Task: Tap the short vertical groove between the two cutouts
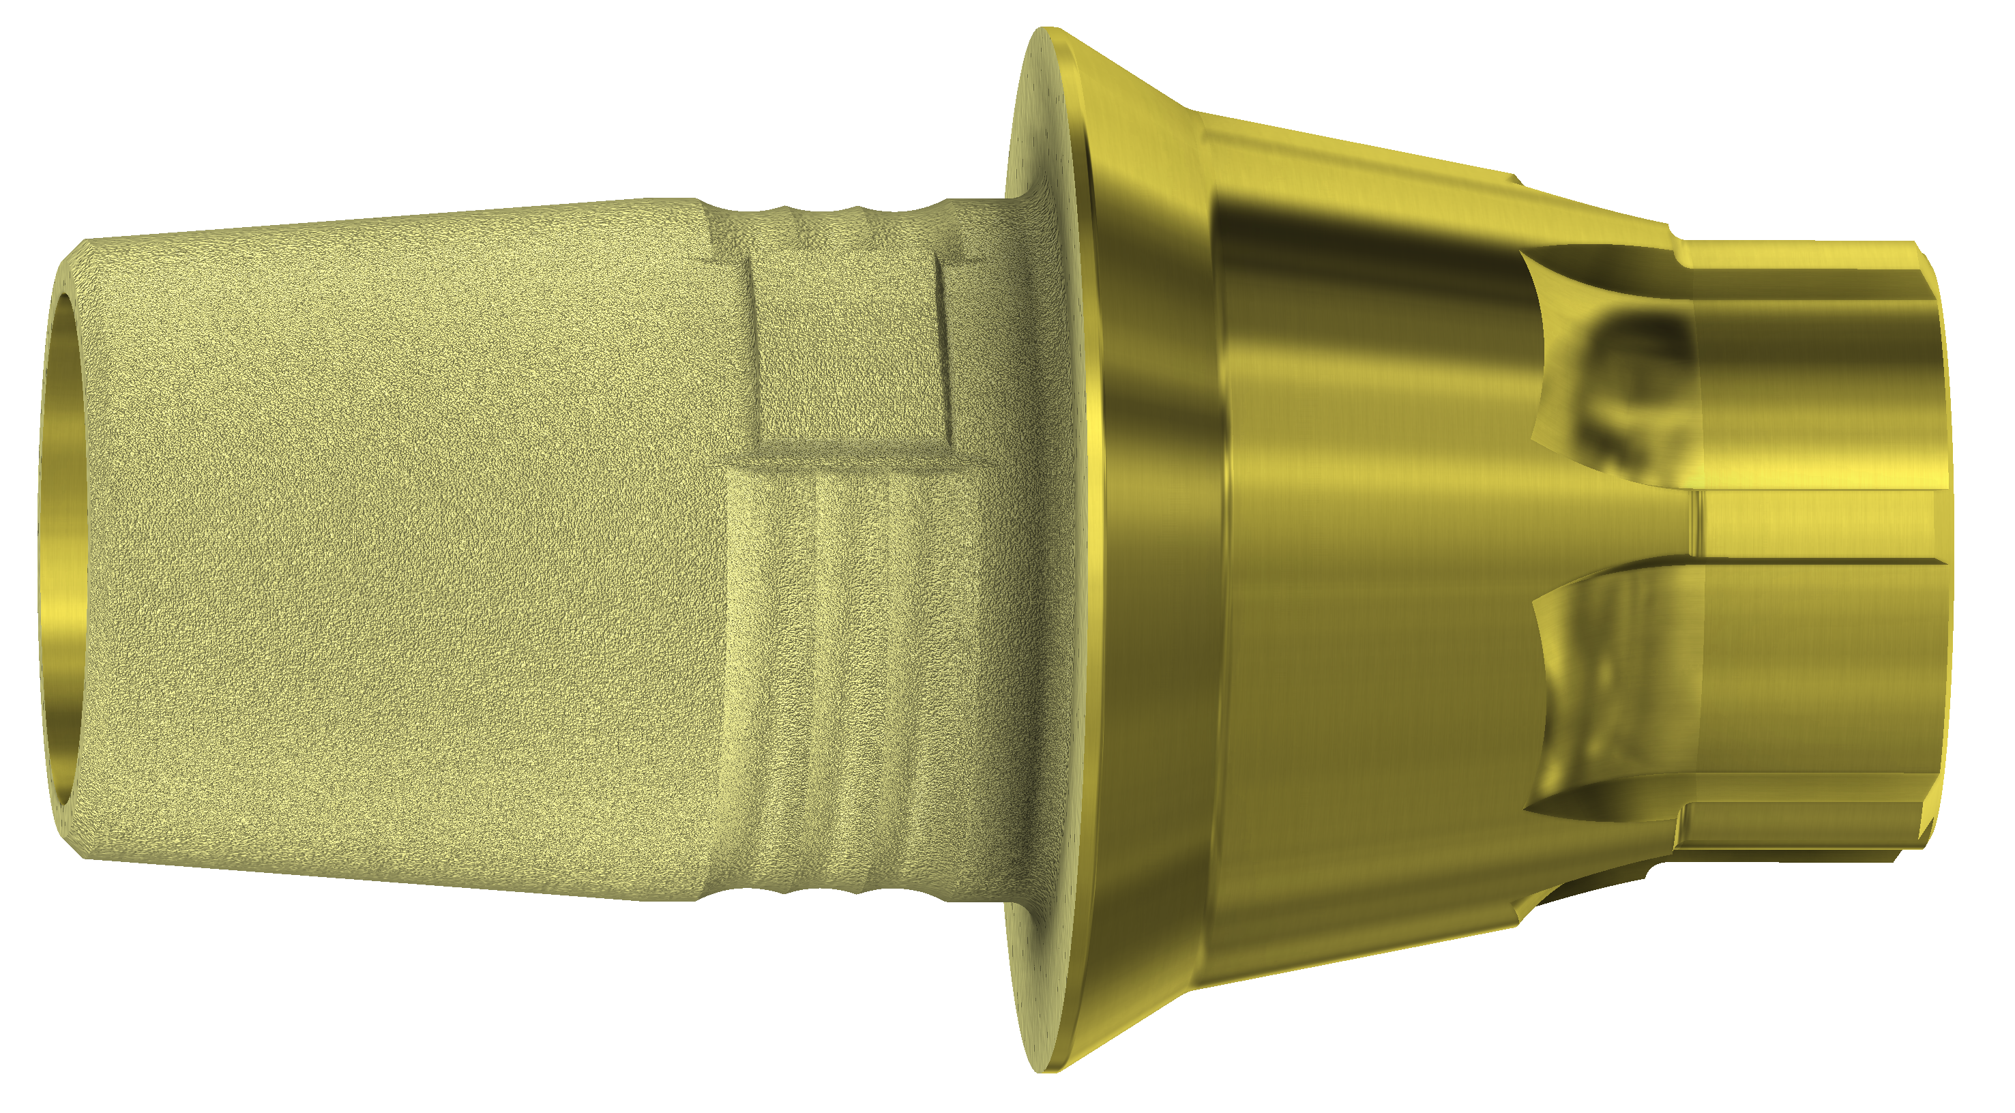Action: click(x=1697, y=520)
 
